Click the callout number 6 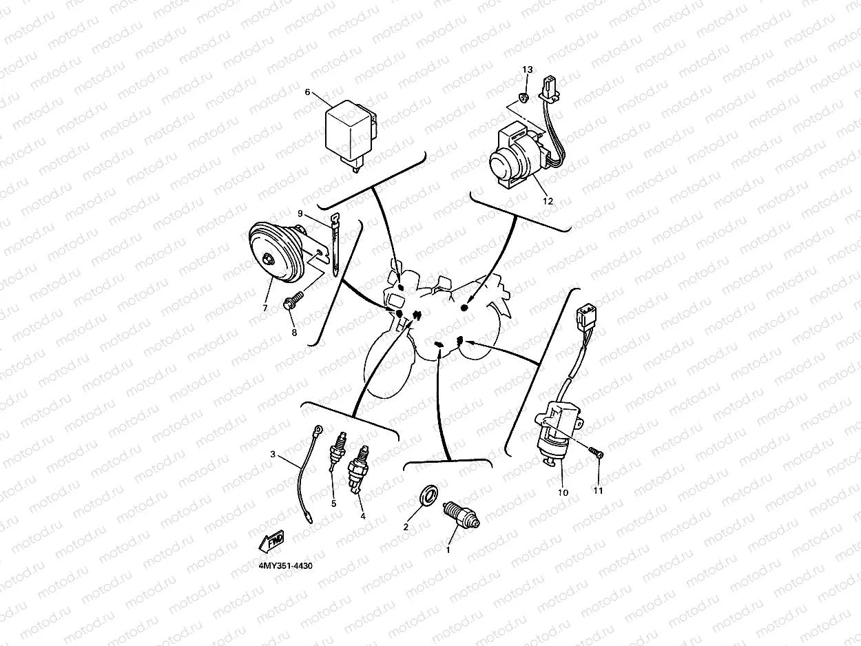[x=308, y=92]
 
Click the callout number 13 [x=527, y=70]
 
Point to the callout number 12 [x=548, y=202]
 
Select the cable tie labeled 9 [x=334, y=244]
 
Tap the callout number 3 [x=273, y=455]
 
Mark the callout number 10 [x=563, y=492]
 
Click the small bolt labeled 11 [x=596, y=453]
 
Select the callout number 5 [x=333, y=503]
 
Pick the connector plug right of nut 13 [x=551, y=88]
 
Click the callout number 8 [x=294, y=333]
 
